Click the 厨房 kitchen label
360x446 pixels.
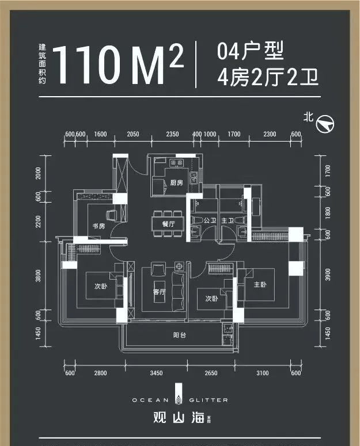[176, 183]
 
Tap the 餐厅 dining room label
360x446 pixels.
[168, 224]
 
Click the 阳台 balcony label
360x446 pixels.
[179, 336]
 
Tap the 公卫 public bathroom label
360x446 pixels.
[210, 220]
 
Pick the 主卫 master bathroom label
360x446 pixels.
[227, 220]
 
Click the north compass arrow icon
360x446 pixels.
[327, 123]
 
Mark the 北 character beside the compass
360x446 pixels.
[308, 117]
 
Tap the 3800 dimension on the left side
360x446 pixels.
[38, 276]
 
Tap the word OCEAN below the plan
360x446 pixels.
[150, 399]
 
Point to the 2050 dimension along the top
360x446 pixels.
[133, 134]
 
